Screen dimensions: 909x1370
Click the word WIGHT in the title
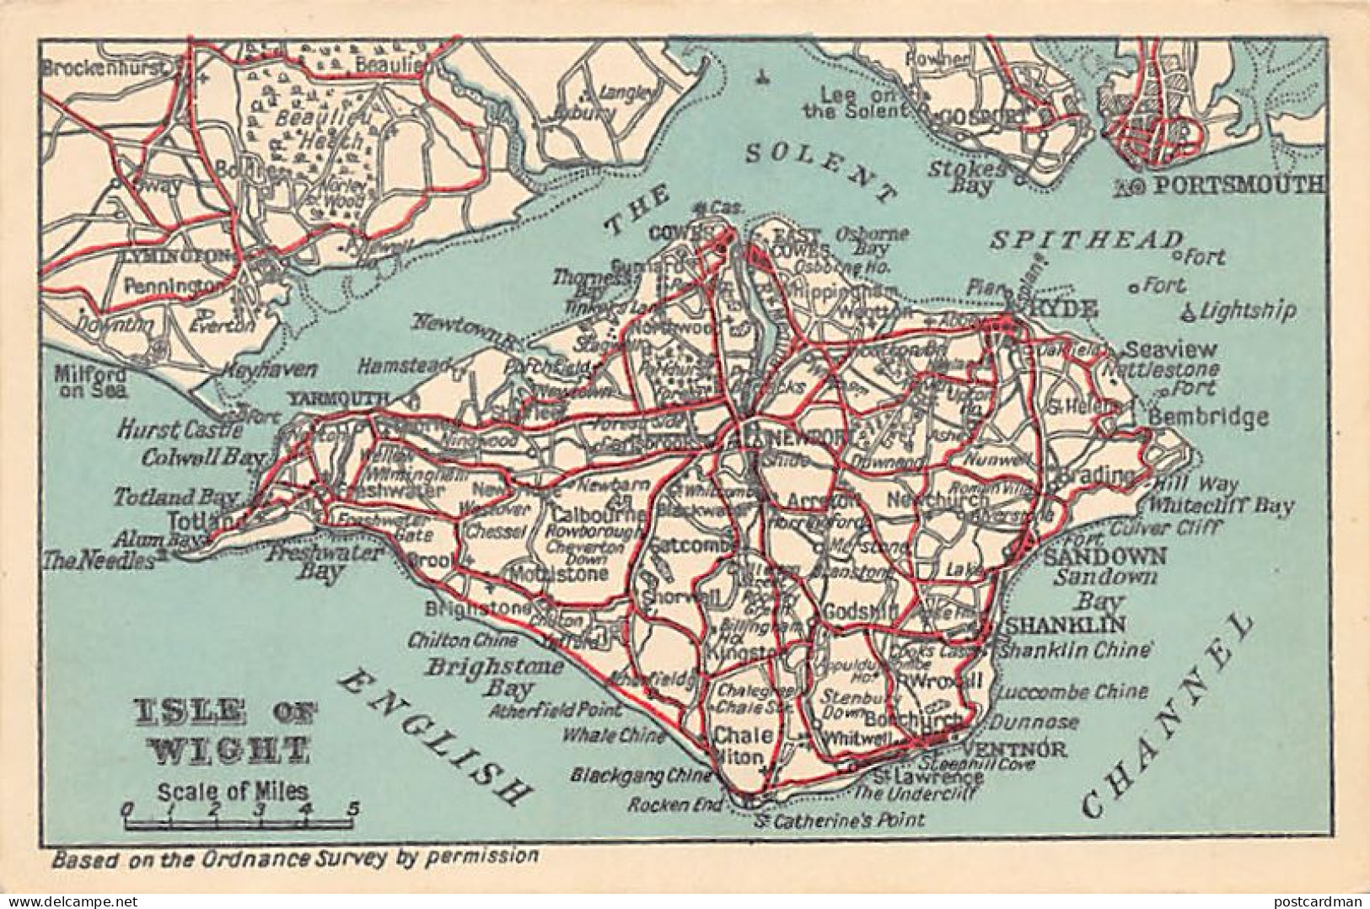(221, 747)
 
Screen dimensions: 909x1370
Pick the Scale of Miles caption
(230, 792)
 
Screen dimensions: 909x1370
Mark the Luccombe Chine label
(1071, 692)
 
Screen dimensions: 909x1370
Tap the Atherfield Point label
(560, 710)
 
